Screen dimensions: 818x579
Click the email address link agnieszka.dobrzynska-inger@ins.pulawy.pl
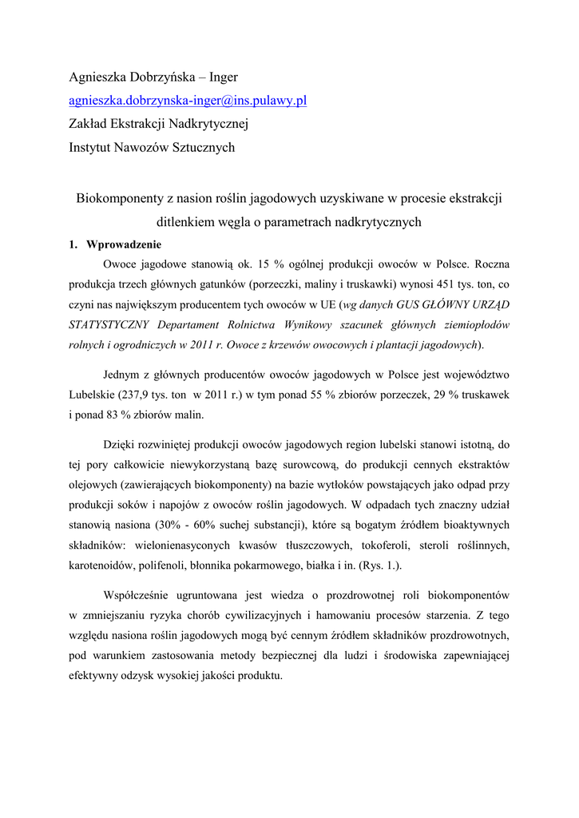tap(188, 101)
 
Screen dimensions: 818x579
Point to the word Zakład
tap(86, 124)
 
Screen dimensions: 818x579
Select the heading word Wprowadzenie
tap(124, 244)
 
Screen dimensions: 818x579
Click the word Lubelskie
tap(92, 395)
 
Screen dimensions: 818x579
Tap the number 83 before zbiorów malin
tap(112, 415)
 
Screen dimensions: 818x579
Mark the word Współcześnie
tap(140, 595)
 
